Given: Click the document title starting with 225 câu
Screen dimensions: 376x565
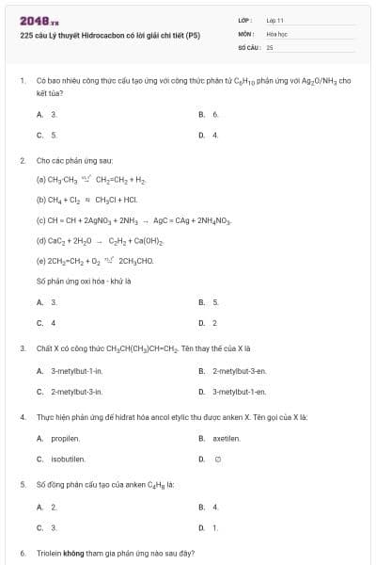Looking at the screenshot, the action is click(110, 36).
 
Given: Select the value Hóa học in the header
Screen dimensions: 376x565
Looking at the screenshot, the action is click(275, 33).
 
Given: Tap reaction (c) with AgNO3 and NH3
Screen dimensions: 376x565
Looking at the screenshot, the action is click(133, 219).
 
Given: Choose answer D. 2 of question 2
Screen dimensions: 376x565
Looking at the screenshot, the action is click(209, 323).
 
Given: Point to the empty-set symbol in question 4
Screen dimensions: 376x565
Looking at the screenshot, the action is click(217, 459).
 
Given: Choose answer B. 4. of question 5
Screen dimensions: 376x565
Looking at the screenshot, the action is click(209, 506).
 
